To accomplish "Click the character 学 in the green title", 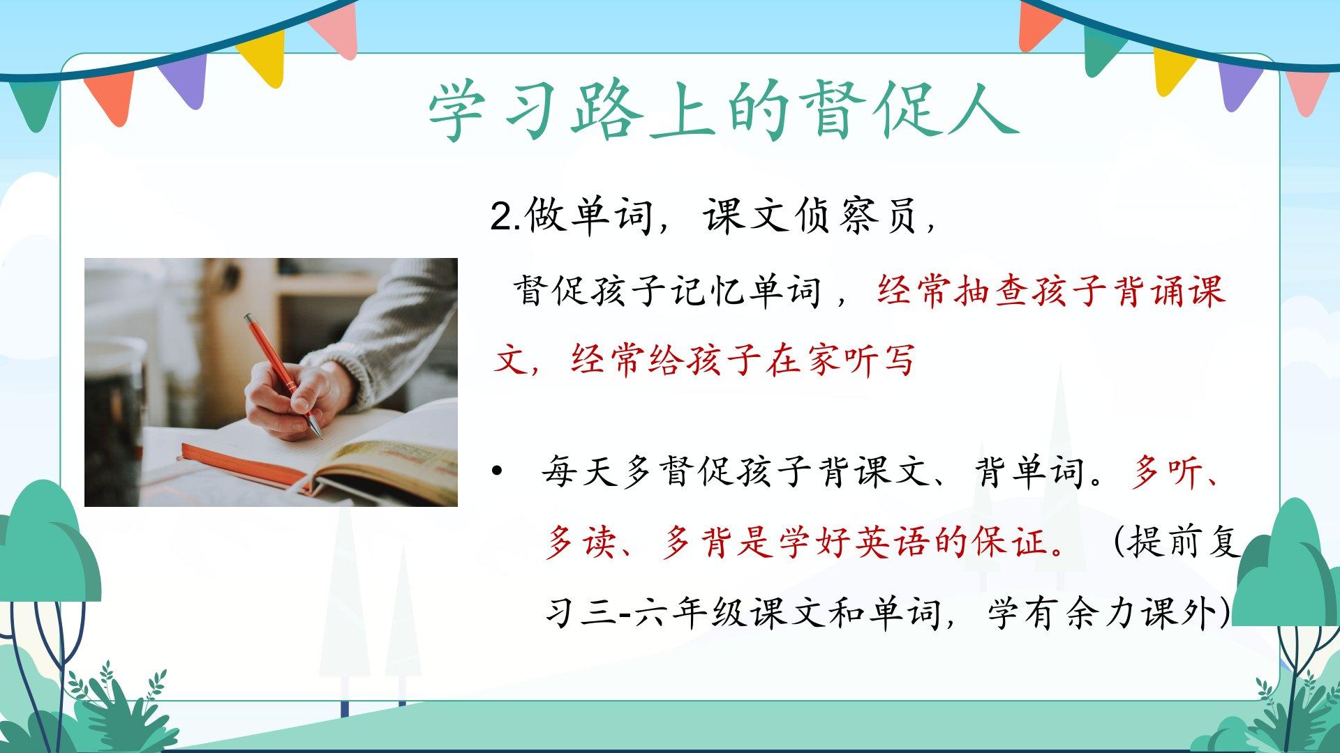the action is tap(457, 112).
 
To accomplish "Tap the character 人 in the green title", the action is tap(987, 112).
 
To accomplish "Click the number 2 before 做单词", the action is tap(502, 217).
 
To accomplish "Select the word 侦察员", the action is tap(856, 216).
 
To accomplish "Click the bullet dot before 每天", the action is tap(497, 472).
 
